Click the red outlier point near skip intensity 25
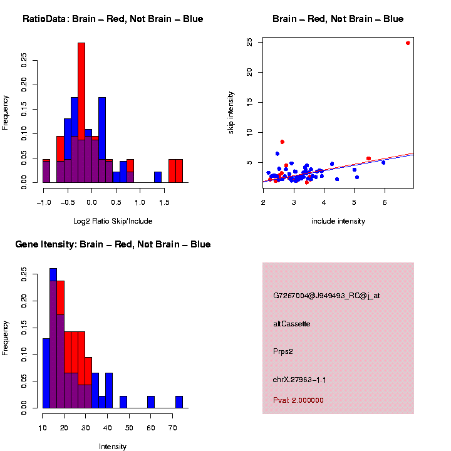coord(408,43)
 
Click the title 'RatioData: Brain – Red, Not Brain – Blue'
coord(113,19)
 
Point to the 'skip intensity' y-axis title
coord(231,112)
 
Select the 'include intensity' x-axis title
coord(338,221)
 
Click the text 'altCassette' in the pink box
coord(292,324)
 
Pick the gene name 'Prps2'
coord(283,351)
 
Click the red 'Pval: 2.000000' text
coord(298,400)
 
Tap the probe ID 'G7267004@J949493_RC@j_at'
coord(326,296)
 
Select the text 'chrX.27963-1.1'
coord(299,380)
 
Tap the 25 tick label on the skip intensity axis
coord(250,43)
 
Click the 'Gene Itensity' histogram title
coord(113,244)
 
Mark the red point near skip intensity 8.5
coord(282,142)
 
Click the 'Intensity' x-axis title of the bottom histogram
coord(113,447)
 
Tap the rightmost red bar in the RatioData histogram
coord(179,170)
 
